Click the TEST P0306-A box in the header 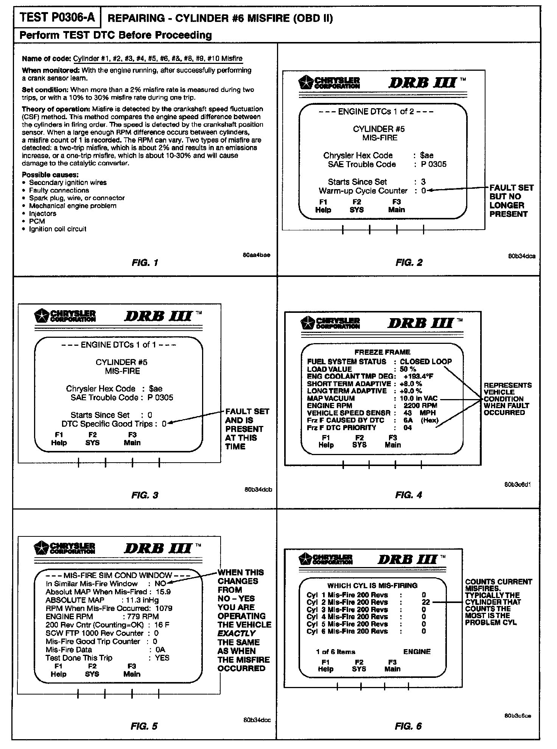tap(57, 17)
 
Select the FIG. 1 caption tap(145, 263)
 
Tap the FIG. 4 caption tap(409, 495)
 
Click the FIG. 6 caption tap(408, 726)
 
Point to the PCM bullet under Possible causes tap(37, 221)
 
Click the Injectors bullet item tap(43, 213)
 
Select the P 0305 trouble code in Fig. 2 tap(434, 164)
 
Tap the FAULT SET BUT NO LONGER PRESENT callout tap(511, 201)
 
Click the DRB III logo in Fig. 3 tap(159, 316)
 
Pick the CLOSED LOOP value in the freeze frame tap(426, 362)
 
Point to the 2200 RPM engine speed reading tap(420, 406)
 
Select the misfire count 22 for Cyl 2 tap(425, 602)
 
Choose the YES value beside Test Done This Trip tap(162, 658)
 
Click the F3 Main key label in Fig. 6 tap(392, 665)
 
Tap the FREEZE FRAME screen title tap(382, 352)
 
